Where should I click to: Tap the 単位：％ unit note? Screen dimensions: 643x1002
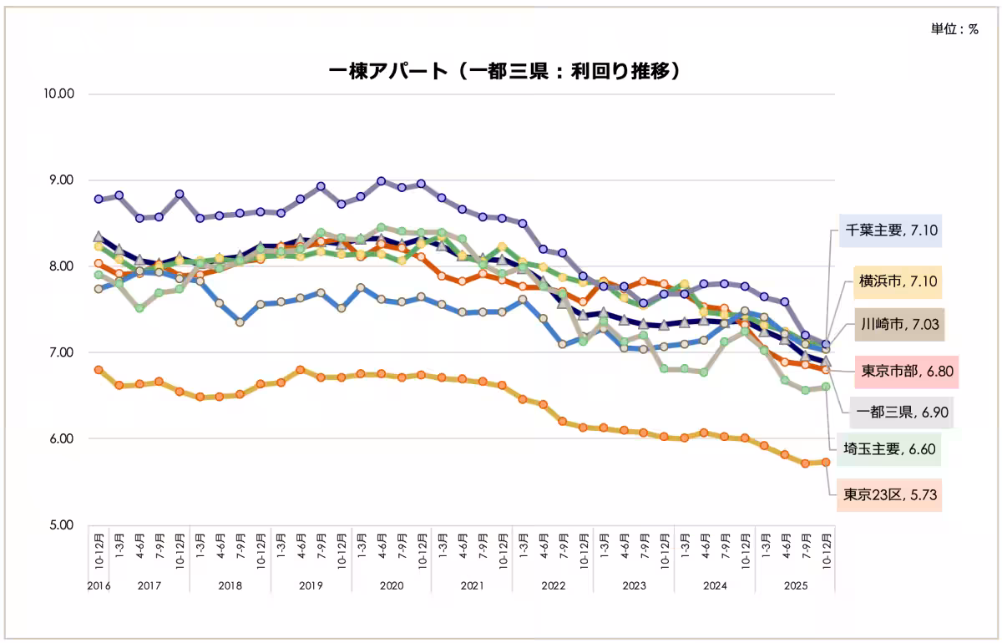pyautogui.click(x=954, y=28)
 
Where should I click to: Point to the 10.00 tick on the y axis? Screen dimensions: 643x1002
pyautogui.click(x=59, y=94)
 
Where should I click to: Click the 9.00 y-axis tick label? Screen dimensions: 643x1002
pyautogui.click(x=59, y=180)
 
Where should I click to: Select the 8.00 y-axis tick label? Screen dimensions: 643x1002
pyautogui.click(x=59, y=266)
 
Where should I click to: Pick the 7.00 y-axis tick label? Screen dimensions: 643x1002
pyautogui.click(x=59, y=352)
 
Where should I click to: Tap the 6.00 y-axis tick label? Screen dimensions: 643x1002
pyautogui.click(x=59, y=439)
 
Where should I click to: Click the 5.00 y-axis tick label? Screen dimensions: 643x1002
pyautogui.click(x=59, y=525)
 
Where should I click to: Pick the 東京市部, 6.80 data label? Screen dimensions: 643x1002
pyautogui.click(x=906, y=371)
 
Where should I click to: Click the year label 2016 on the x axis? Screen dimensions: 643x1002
pyautogui.click(x=99, y=586)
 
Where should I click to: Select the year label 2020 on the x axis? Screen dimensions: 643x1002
pyautogui.click(x=392, y=586)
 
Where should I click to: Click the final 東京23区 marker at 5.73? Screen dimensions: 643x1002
pyautogui.click(x=826, y=462)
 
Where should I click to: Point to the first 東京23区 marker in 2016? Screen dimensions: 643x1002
pyautogui.click(x=99, y=369)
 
